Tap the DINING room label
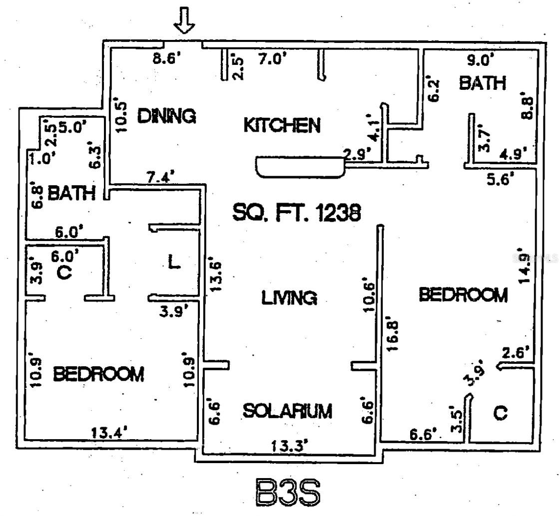(166, 116)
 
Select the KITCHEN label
(282, 125)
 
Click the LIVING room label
(289, 298)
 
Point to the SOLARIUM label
(287, 411)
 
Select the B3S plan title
(286, 492)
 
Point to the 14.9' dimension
(524, 265)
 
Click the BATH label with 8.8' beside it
(482, 83)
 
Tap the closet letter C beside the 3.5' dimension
(501, 413)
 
